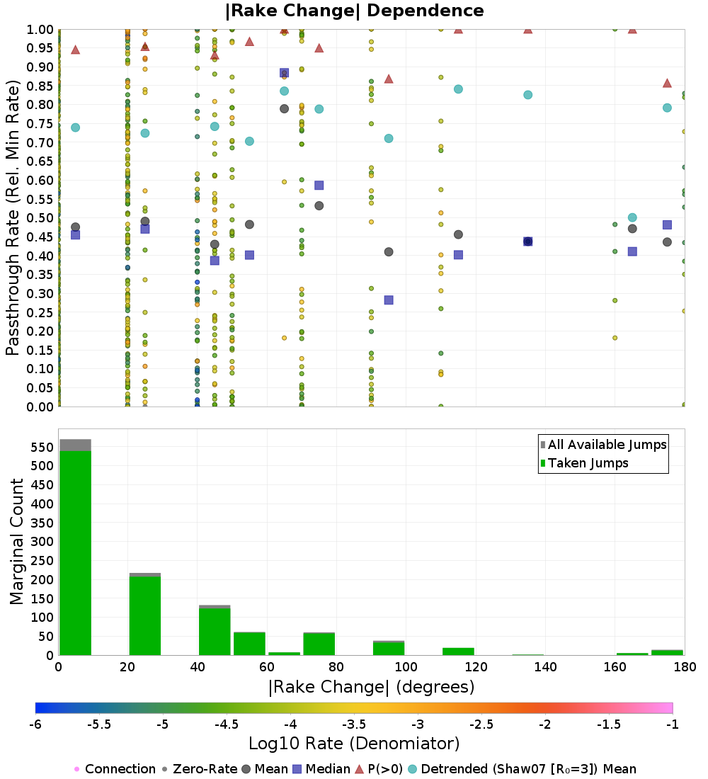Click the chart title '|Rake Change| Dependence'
(x=354, y=11)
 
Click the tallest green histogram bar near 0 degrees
(x=75, y=552)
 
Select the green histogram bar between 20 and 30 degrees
(x=144, y=615)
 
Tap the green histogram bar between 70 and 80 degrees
(x=319, y=644)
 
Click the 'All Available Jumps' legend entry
(x=607, y=445)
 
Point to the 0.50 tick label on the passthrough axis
(x=40, y=218)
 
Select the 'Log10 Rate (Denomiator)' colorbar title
(x=354, y=744)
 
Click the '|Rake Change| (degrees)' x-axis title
(x=371, y=687)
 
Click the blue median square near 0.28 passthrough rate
(x=389, y=300)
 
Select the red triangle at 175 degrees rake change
(x=667, y=83)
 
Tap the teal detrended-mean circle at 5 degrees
(x=75, y=127)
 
